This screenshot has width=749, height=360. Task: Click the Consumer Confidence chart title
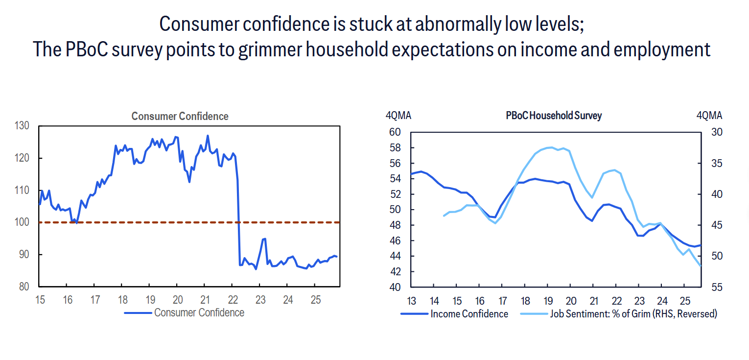pos(180,117)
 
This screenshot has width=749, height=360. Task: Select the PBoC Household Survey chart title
pos(554,116)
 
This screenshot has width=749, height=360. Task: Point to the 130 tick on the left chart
pos(23,126)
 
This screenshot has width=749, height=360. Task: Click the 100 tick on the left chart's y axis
pos(23,222)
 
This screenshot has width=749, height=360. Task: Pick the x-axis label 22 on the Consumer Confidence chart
pos(234,300)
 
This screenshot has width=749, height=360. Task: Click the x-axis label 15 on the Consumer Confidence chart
pos(40,300)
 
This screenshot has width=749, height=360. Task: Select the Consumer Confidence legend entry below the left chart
pos(199,312)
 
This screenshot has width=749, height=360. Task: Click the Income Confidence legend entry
pos(469,314)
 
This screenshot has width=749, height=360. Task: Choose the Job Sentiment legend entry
pos(633,314)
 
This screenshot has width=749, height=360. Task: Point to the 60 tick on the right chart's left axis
pos(395,132)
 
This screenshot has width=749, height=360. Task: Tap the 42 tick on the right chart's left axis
pos(395,272)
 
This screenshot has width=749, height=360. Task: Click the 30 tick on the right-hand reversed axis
pos(717,132)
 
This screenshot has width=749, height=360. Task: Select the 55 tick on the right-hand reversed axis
pos(717,288)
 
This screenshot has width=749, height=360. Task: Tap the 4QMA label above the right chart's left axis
pos(398,116)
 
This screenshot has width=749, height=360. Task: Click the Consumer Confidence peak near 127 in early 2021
pos(208,136)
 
